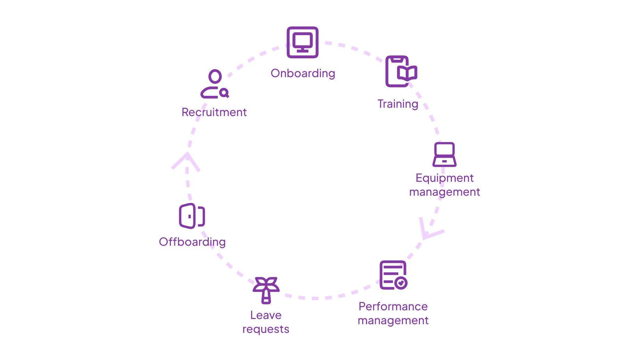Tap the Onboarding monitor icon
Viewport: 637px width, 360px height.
coord(303,42)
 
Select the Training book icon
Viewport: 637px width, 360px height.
coord(400,72)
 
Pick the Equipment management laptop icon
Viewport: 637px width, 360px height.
coord(445,154)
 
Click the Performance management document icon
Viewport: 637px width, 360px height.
coord(393,275)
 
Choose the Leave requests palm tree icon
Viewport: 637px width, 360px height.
coord(266,290)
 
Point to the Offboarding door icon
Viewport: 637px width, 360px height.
coord(192,216)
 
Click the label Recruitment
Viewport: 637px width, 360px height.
coord(214,112)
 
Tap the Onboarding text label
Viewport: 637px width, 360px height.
coord(303,73)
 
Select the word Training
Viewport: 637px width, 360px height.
coord(398,104)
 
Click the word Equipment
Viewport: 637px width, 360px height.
coord(445,178)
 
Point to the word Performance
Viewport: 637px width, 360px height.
coord(393,306)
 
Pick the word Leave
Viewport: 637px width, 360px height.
coord(266,315)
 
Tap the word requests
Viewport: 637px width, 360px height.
coord(266,329)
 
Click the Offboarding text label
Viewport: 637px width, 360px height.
coord(192,242)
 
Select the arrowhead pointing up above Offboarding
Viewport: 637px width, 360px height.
coord(187,160)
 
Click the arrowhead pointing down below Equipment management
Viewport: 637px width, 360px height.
coord(429,230)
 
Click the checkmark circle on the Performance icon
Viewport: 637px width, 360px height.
coord(401,283)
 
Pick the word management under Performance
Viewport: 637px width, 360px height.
coord(393,320)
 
